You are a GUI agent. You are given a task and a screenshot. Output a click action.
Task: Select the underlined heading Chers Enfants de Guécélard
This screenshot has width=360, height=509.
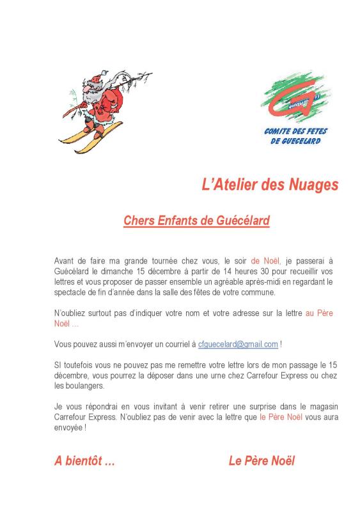pyautogui.click(x=196, y=221)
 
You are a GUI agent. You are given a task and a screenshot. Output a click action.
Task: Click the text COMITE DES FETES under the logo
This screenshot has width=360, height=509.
pyautogui.click(x=295, y=131)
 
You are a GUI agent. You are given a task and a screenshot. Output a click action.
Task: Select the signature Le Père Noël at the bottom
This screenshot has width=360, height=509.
pyautogui.click(x=262, y=461)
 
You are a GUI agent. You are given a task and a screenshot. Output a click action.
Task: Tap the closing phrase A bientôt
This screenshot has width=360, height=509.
pyautogui.click(x=84, y=461)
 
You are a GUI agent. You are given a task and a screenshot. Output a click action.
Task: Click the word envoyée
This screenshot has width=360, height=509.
pyautogui.click(x=68, y=428)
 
